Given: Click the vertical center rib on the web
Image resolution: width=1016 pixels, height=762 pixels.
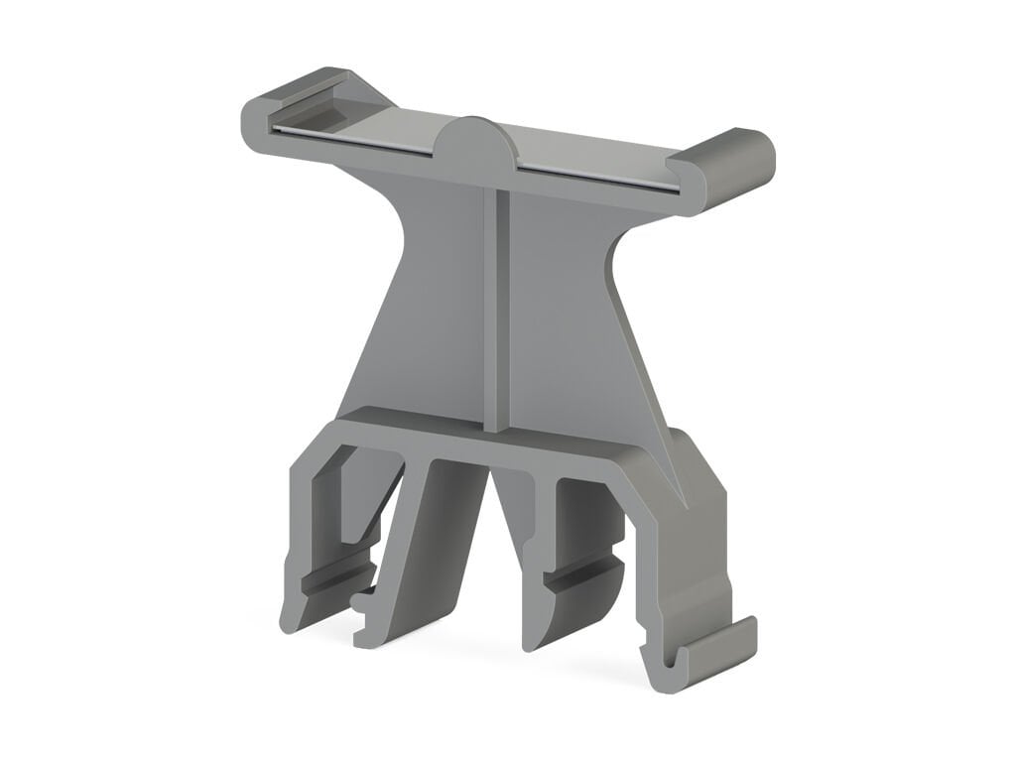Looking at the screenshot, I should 497,298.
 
